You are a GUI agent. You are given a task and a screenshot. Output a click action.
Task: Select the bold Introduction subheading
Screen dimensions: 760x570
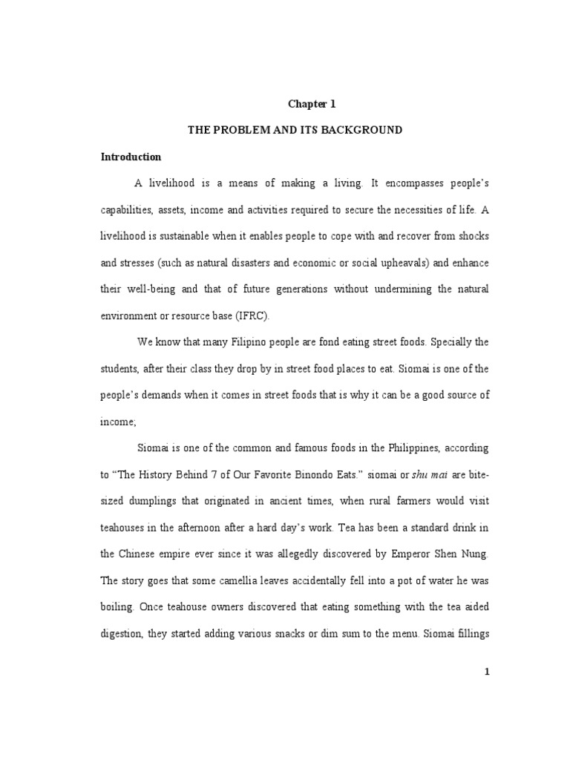point(131,157)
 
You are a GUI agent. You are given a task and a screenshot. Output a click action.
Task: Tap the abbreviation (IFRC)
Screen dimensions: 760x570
point(256,315)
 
